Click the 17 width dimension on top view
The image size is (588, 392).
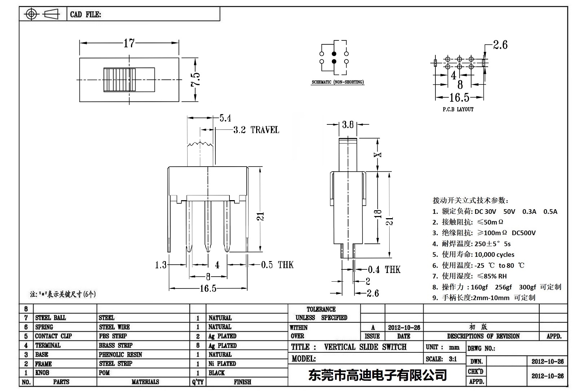coord(129,43)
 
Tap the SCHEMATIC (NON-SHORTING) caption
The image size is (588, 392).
coord(338,82)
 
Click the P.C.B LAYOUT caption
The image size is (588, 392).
coord(458,109)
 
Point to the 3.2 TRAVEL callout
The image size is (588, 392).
coord(256,130)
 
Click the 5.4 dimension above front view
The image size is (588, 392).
coord(225,118)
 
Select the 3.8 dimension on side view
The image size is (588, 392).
coord(348,125)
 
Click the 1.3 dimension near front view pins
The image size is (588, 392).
coord(161,265)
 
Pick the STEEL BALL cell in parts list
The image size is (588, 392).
coord(51,318)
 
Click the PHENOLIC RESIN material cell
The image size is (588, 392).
coord(120,354)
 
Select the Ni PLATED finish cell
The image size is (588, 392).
coord(222,364)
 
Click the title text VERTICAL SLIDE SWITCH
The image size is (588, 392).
coord(365,347)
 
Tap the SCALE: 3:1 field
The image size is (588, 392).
coord(441,359)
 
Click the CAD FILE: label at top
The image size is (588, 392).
coord(85,14)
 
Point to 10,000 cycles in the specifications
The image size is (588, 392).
coord(494,255)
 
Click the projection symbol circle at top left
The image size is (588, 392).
coord(32,14)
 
